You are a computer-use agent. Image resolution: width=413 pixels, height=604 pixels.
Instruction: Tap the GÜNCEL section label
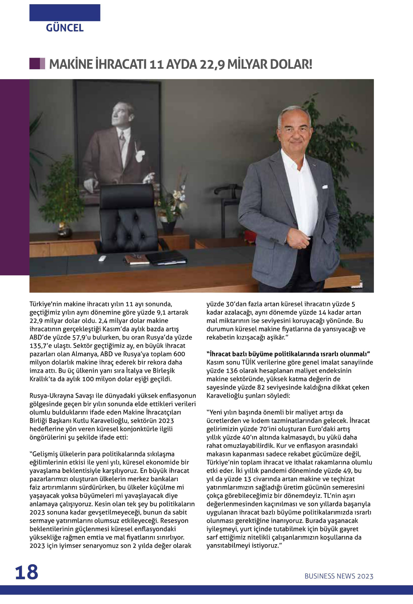(x=65, y=28)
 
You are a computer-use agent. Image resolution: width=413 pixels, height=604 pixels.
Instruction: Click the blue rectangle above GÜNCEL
(x=65, y=13)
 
